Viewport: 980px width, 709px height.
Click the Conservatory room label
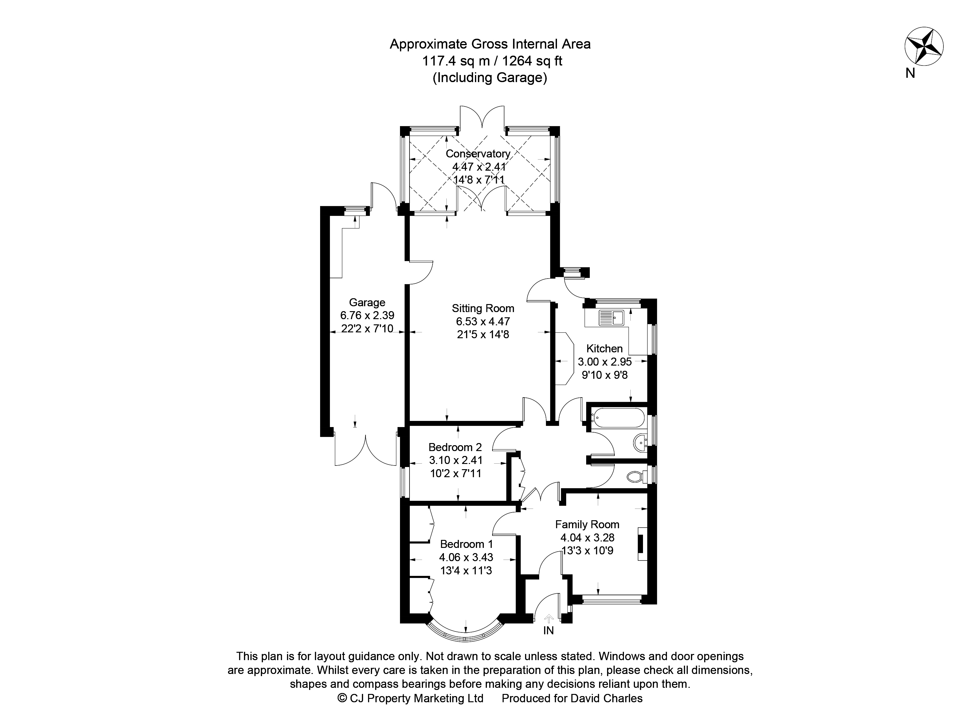click(x=478, y=153)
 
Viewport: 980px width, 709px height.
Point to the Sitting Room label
click(x=483, y=308)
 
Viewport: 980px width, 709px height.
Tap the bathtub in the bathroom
click(x=617, y=418)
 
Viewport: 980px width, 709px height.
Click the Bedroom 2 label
click(x=455, y=447)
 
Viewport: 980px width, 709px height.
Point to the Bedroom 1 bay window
click(x=465, y=636)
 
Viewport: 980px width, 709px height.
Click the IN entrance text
click(x=548, y=631)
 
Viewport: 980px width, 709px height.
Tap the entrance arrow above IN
click(x=549, y=619)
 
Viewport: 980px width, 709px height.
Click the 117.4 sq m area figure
click(x=456, y=61)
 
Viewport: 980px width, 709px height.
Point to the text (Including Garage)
click(x=490, y=78)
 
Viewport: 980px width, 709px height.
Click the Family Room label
click(x=587, y=525)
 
